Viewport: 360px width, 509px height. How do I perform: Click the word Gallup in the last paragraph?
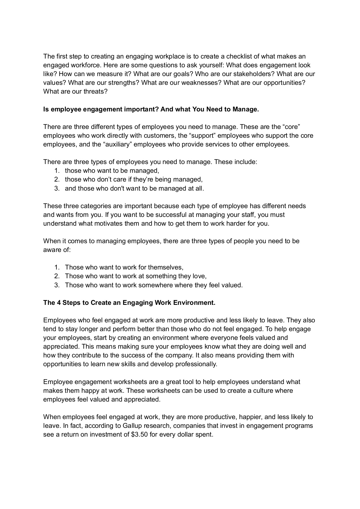pos(133,426)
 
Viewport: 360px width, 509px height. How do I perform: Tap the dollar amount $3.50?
pos(140,434)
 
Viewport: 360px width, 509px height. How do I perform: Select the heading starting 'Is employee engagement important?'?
pos(151,109)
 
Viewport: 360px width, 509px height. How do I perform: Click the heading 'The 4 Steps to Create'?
pos(129,303)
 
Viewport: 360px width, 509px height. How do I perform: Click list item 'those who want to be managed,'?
pos(112,171)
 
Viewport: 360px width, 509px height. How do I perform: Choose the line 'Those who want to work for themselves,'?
pos(124,267)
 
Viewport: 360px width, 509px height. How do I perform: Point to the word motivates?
pos(110,223)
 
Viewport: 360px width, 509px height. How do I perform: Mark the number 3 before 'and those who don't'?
pos(57,188)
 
